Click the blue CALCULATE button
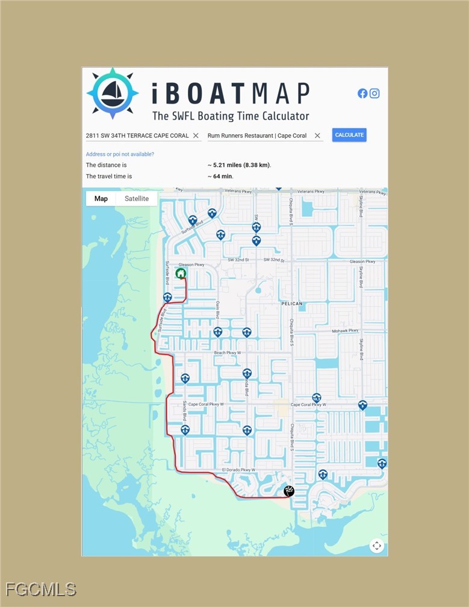click(x=349, y=135)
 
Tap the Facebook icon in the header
click(x=362, y=93)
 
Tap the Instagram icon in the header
click(x=374, y=93)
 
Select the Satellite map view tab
click(x=137, y=199)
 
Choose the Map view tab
click(x=101, y=199)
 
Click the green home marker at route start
click(x=181, y=273)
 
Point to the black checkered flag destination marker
click(x=289, y=491)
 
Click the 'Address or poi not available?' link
click(x=120, y=154)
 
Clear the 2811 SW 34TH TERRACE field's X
click(x=196, y=135)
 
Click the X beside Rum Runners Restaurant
click(x=317, y=135)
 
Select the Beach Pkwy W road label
click(x=228, y=353)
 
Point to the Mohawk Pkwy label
click(x=345, y=331)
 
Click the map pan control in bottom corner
click(x=377, y=546)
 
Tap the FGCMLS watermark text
click(x=41, y=589)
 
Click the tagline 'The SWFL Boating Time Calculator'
click(x=231, y=116)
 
